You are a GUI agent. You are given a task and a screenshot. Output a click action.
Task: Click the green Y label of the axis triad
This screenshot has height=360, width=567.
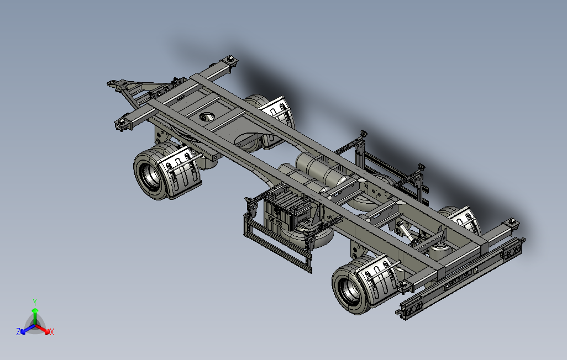35,302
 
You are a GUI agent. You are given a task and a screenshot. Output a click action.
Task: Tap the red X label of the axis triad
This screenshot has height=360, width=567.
52,332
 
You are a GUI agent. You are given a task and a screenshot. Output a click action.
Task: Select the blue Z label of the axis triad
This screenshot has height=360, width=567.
18,331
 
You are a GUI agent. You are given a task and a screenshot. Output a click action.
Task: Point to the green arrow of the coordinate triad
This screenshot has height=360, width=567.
35,316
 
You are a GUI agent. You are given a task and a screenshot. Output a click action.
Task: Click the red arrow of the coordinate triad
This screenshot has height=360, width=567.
43,329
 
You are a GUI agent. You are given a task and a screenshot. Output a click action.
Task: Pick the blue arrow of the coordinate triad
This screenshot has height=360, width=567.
28,329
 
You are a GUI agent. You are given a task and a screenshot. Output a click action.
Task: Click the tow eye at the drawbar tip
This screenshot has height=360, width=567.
112,83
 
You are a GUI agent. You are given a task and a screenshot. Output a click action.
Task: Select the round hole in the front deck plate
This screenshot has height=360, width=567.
207,117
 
